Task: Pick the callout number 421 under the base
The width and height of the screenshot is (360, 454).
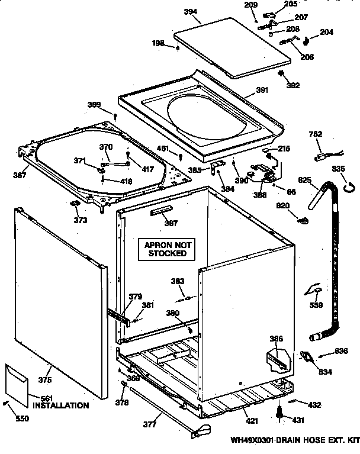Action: tap(252, 421)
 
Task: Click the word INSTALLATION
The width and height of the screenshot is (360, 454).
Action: tap(60, 406)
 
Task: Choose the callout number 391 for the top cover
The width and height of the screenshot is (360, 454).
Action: tap(262, 90)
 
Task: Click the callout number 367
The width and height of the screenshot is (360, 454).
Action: tap(20, 175)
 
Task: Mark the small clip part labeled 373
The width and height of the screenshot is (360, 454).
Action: tap(76, 205)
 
